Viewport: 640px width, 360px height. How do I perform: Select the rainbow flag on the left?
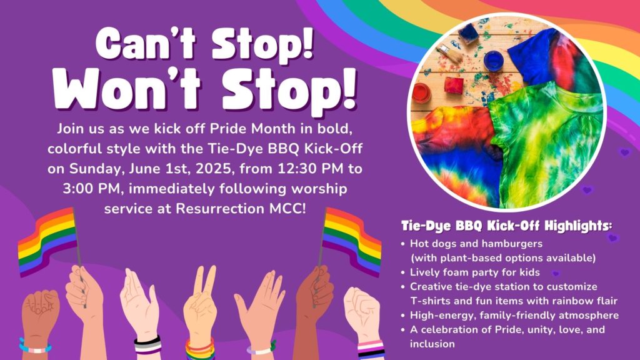(47, 240)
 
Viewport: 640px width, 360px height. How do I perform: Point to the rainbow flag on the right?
(351, 240)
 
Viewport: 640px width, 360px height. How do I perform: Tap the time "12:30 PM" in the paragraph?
(311, 169)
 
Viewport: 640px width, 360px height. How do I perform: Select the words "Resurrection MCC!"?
(241, 209)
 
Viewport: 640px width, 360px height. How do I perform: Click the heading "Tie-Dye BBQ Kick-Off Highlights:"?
(506, 226)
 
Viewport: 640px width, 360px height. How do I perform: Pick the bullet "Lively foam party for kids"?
(475, 272)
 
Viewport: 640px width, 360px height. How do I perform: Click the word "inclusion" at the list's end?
(432, 344)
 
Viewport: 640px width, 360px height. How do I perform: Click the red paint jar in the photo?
(421, 94)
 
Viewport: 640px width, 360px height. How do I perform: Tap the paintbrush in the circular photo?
(449, 53)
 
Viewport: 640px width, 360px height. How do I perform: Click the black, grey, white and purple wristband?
(148, 345)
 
